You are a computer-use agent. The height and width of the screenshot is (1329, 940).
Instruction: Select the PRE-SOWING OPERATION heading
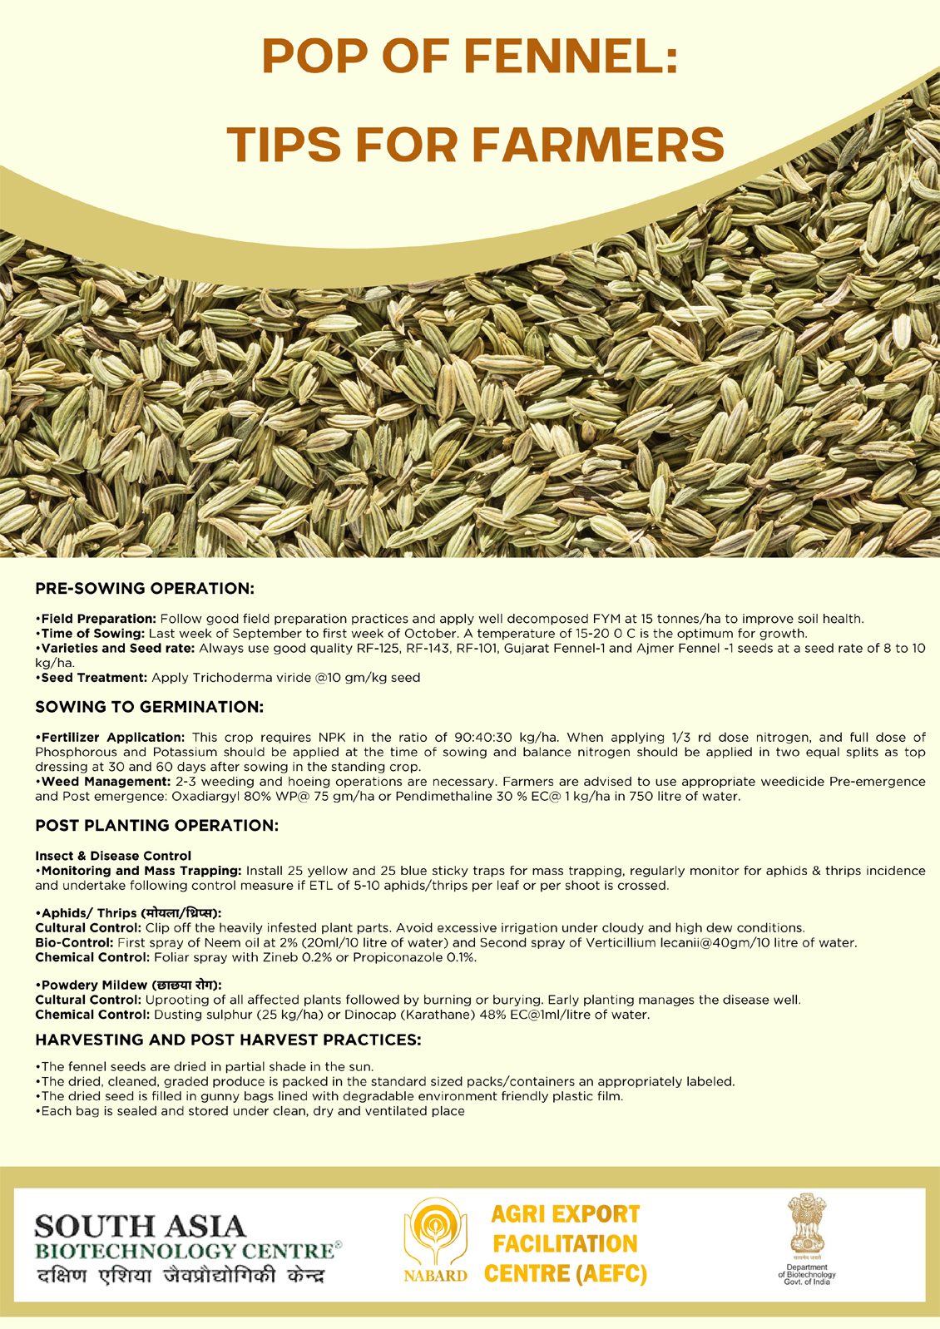click(144, 589)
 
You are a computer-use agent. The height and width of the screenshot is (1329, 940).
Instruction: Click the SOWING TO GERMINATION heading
click(149, 707)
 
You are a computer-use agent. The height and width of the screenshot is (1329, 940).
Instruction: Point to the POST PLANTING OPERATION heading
click(156, 826)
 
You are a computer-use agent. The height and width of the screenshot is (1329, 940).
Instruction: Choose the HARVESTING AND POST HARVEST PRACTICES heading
click(228, 1040)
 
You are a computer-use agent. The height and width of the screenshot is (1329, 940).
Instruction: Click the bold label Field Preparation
click(98, 619)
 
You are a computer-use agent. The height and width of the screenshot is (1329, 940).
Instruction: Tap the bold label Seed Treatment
click(94, 678)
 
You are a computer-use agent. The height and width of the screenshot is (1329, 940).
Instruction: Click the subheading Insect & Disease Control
click(113, 856)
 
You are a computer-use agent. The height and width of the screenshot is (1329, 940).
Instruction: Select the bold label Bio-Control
click(74, 943)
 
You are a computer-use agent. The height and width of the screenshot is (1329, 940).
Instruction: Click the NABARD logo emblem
click(433, 1233)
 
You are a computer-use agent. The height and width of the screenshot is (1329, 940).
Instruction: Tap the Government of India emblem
click(806, 1225)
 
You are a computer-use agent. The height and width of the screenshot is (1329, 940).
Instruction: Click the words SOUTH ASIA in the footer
click(141, 1226)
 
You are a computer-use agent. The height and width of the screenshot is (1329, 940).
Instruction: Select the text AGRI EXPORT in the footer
click(566, 1214)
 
